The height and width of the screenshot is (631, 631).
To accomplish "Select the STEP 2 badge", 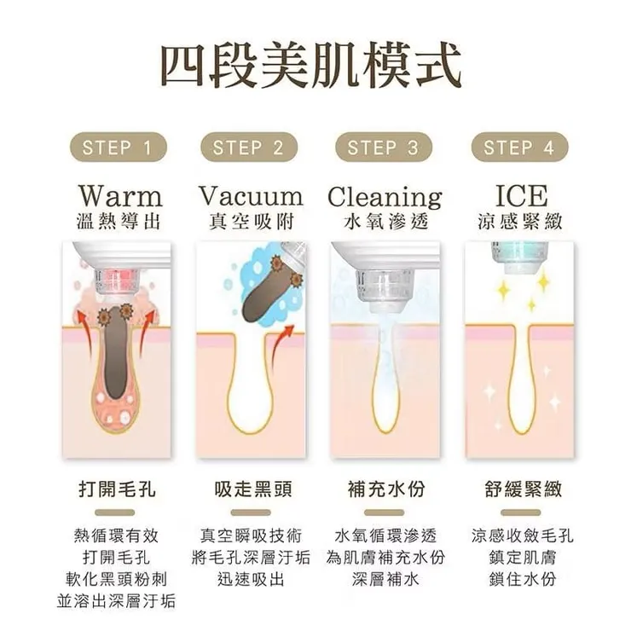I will (x=248, y=148).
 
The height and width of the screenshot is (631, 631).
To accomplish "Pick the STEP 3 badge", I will (x=383, y=148).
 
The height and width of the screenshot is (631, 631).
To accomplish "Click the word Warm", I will (x=119, y=194).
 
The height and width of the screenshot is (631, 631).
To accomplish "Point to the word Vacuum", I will (x=250, y=195).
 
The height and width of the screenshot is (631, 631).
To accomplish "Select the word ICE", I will (x=521, y=194).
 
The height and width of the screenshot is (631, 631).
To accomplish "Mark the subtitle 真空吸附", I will (x=251, y=222).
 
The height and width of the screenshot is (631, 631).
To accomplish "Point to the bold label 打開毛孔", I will (x=117, y=490).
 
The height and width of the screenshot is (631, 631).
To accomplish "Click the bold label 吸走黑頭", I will (x=251, y=490).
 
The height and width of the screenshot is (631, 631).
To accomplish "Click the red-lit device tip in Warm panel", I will (x=112, y=278).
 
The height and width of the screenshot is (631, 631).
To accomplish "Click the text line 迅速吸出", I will (x=251, y=580).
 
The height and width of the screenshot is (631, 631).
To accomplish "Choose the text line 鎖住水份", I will (x=522, y=580).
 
